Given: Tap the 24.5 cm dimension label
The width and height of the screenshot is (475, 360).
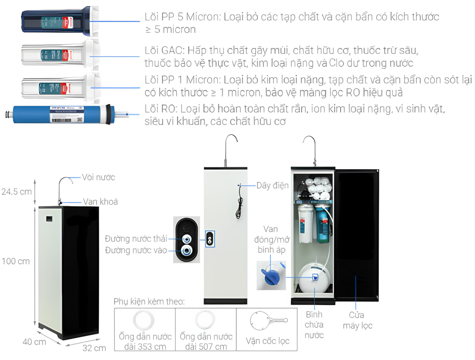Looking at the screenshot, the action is pos(16,192).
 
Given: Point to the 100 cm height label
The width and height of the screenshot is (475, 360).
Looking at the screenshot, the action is pos(16,261).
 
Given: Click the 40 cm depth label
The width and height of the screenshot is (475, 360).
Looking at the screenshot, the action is pos(34,342).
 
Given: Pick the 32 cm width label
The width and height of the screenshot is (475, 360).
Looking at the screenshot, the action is pos(94,348).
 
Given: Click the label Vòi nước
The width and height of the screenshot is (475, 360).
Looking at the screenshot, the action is pos(98,177).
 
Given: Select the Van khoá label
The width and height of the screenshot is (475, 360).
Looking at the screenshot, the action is pos(100,202).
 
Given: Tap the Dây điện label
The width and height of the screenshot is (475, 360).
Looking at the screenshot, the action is pos(272,186).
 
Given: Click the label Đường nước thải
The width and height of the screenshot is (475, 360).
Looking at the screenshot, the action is pos(136,239).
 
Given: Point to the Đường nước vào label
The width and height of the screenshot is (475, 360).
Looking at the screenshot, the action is pos(136,251).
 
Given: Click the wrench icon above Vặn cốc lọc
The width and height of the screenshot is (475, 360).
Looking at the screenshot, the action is pos(268,321).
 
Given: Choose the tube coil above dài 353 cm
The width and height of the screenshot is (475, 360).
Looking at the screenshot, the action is pos(144,320).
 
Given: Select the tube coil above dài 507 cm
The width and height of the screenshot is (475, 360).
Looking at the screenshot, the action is pos(205,320).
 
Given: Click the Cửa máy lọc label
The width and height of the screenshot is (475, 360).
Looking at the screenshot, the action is pos(357,320).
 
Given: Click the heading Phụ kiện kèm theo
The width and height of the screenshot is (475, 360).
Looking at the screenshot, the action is pos(149,301).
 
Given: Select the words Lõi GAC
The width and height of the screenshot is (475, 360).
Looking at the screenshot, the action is pos(164,50).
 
